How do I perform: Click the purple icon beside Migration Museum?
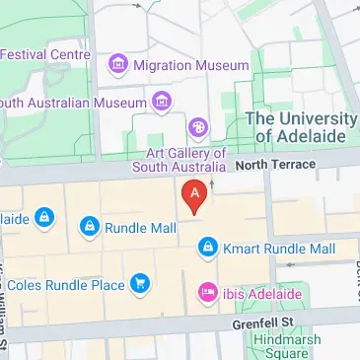click(118, 65)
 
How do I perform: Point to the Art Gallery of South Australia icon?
click(198, 126)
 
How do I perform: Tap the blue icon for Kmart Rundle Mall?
click(206, 250)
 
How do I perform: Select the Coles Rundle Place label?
click(66, 286)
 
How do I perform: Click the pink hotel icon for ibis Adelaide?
click(207, 293)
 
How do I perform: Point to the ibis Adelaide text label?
click(261, 293)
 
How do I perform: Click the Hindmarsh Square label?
click(288, 346)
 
